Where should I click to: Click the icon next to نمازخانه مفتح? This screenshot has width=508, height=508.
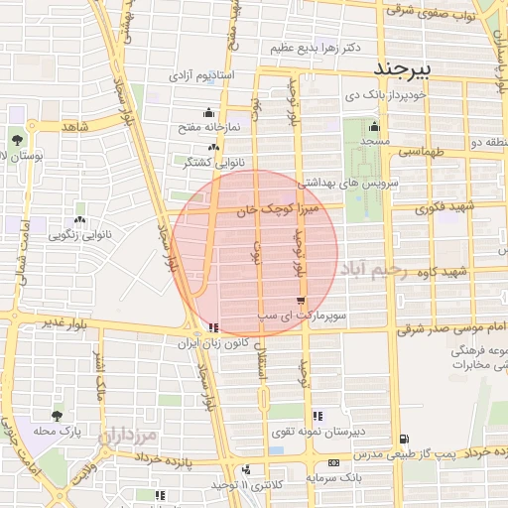coord(208,113)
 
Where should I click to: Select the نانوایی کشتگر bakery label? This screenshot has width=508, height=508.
coord(211,161)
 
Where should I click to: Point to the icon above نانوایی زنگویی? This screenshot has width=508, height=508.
coord(79,220)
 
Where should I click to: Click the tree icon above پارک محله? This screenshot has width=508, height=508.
coord(56,417)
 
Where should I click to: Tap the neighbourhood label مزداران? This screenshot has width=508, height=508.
coord(129,435)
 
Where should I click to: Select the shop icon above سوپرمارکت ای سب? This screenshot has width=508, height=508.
coord(301,301)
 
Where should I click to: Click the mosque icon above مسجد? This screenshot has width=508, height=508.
coord(373,126)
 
